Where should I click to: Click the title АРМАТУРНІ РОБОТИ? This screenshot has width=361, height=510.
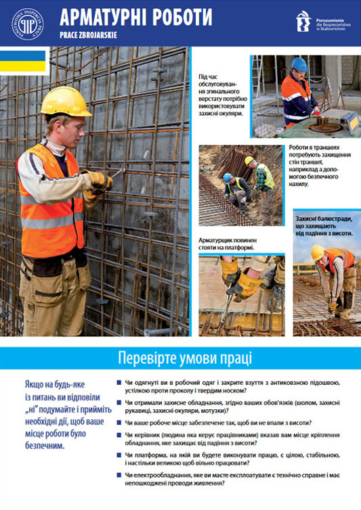click(x=135, y=17)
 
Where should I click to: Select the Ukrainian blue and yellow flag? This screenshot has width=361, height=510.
click(x=23, y=61)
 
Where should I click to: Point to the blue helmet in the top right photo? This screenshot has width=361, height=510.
click(x=298, y=65)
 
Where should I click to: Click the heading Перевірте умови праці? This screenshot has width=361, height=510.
click(x=180, y=357)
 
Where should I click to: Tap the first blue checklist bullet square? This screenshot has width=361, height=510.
click(x=119, y=384)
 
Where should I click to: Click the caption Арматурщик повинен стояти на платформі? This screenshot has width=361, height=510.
click(x=227, y=244)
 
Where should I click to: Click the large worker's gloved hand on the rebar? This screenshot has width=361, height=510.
click(x=100, y=180)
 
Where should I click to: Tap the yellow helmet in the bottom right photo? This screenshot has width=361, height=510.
click(x=317, y=252)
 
